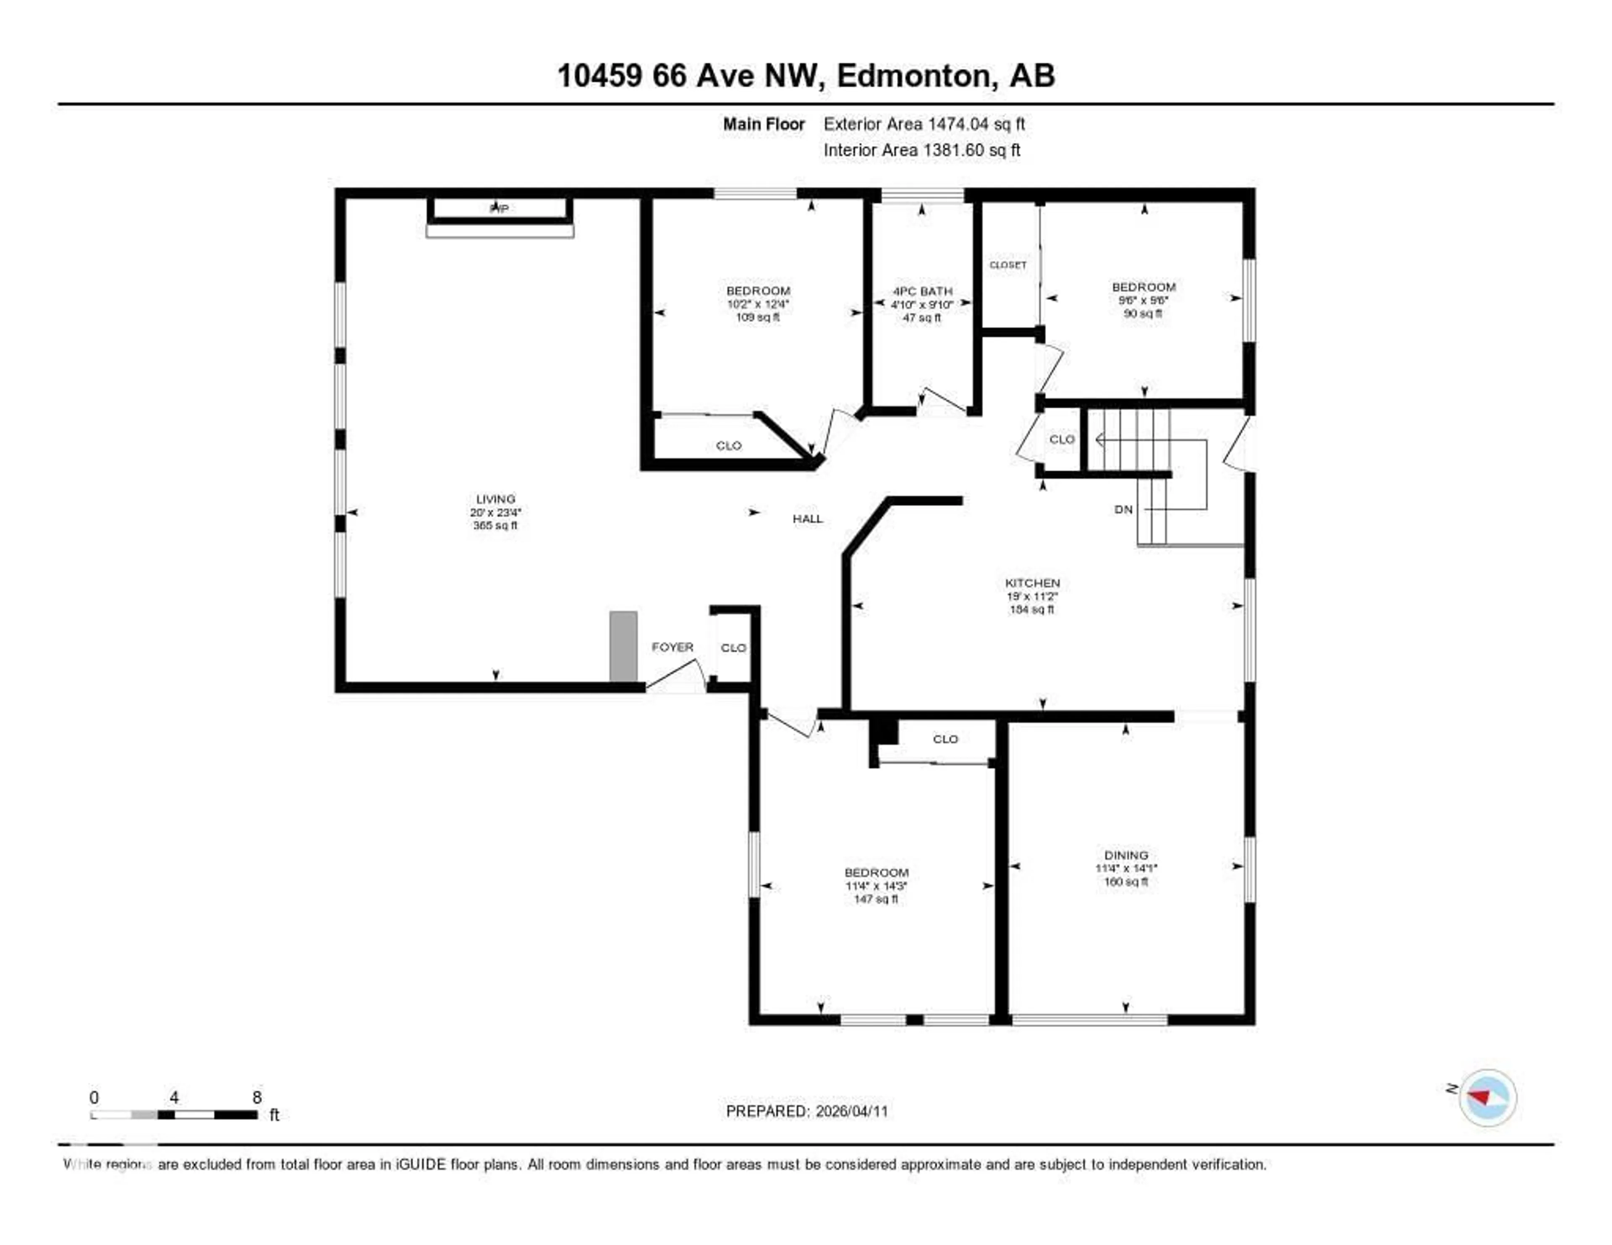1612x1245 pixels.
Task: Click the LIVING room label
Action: [495, 499]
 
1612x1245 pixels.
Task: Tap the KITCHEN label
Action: [1032, 583]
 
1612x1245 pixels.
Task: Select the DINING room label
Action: [1125, 855]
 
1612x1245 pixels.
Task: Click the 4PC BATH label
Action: [922, 291]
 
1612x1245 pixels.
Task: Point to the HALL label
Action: [808, 519]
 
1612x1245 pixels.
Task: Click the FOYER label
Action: [672, 647]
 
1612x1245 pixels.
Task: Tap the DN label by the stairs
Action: [1123, 509]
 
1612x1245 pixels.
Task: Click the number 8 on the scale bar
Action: [257, 1097]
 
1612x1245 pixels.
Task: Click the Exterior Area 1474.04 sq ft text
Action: [924, 124]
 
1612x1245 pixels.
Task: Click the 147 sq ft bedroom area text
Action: [876, 899]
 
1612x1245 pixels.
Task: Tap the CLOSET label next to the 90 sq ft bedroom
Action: [1007, 264]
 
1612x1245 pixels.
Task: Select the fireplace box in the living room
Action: [500, 209]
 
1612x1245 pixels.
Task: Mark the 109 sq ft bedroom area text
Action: [757, 317]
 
